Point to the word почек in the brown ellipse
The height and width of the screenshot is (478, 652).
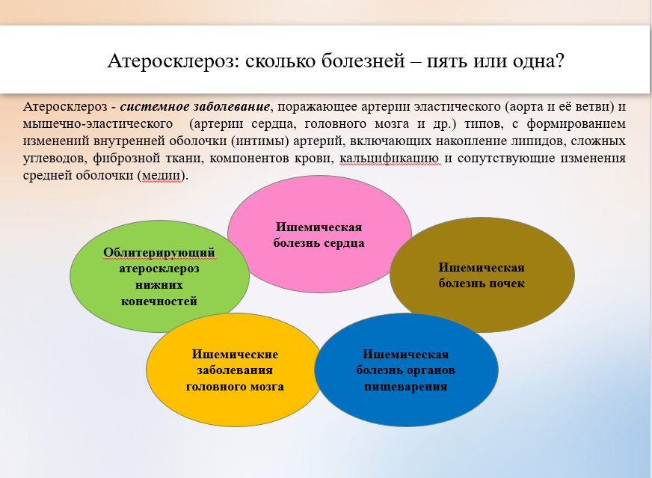508,284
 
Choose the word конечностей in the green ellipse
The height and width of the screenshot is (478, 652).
159,301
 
